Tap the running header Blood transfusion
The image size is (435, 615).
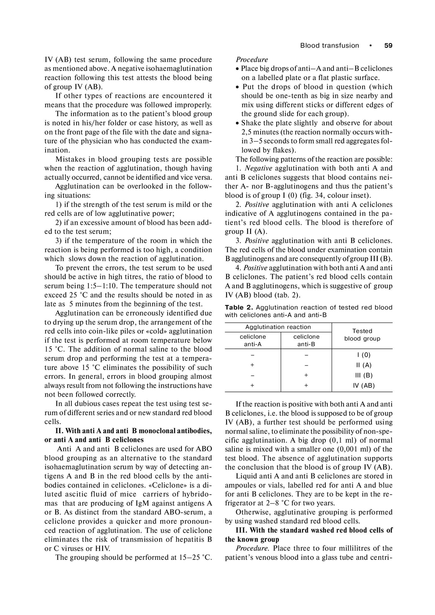tap(330, 46)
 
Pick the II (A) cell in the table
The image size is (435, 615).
tap(364, 365)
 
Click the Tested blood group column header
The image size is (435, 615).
tap(362, 335)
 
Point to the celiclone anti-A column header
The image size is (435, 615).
tap(253, 341)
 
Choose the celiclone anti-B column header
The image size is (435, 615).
tap(306, 341)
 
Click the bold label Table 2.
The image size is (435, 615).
tap(239, 307)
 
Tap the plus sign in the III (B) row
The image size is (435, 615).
tap(306, 375)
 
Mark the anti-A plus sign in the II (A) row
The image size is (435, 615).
tap(252, 365)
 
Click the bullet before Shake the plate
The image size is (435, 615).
tap(237, 124)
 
